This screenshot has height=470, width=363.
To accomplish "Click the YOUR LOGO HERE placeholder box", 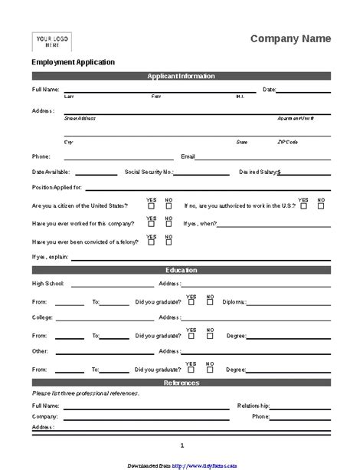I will pyautogui.click(x=51, y=41).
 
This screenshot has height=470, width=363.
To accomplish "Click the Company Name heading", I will pyautogui.click(x=291, y=38).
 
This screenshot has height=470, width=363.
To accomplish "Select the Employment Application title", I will pyautogui.click(x=73, y=62).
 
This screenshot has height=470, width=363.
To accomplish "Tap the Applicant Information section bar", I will pyautogui.click(x=181, y=76).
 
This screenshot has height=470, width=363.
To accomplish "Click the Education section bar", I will pyautogui.click(x=181, y=270).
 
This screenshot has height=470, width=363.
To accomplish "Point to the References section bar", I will pyautogui.click(x=181, y=383).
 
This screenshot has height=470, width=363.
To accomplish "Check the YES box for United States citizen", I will pyautogui.click(x=151, y=205).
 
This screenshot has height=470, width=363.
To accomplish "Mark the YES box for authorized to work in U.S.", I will pyautogui.click(x=304, y=205).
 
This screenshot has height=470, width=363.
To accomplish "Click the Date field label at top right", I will pyautogui.click(x=268, y=90).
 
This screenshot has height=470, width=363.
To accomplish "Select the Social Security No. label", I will pyautogui.click(x=149, y=173).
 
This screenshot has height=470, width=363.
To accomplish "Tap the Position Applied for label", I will pyautogui.click(x=57, y=187).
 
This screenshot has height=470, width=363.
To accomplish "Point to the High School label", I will pyautogui.click(x=47, y=284).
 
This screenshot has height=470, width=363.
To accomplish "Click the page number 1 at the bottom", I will pyautogui.click(x=181, y=445).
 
